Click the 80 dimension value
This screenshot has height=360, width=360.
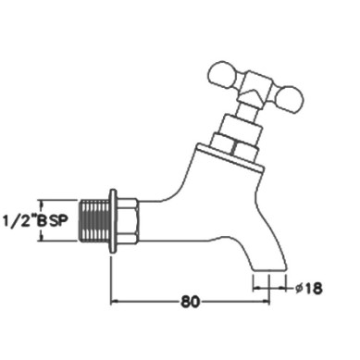point(191,302)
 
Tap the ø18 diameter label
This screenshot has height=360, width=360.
point(308,289)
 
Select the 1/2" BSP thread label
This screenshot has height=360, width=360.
point(35,221)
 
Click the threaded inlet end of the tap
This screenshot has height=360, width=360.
point(94,220)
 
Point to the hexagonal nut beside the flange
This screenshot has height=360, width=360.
point(128,221)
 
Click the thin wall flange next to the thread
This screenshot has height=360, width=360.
point(113,221)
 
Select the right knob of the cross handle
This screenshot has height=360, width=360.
point(289,99)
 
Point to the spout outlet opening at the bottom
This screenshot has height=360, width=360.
point(270,271)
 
